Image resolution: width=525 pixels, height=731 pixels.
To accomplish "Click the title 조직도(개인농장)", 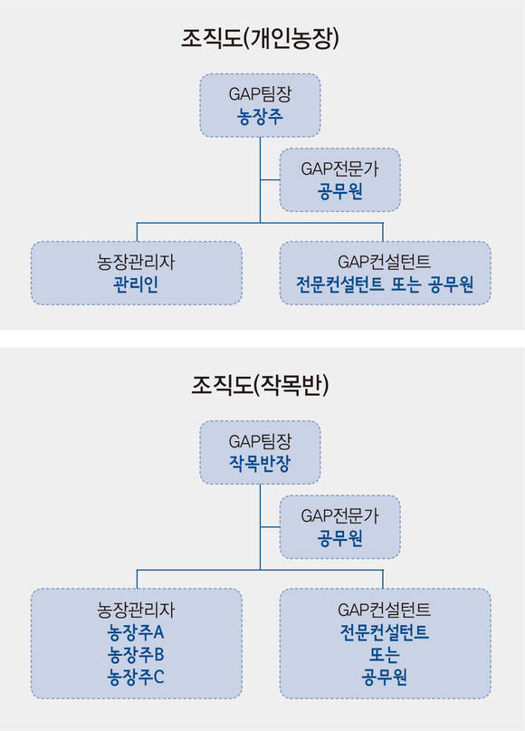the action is [260, 38].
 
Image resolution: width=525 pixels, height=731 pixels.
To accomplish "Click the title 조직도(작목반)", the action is [260, 386].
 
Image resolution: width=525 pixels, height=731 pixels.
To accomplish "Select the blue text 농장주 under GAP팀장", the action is [260, 116].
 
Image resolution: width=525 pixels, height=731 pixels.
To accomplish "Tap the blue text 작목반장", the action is [260, 464].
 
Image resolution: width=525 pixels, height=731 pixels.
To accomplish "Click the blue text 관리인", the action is [136, 284].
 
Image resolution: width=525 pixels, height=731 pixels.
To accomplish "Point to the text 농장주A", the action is [136, 632].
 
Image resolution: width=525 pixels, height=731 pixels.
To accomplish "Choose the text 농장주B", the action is [136, 655].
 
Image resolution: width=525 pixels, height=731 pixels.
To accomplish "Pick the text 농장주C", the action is [136, 677].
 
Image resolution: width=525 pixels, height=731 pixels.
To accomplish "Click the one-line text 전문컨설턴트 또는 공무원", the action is [385, 284].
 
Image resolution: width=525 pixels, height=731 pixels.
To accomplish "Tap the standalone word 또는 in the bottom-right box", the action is [385, 655].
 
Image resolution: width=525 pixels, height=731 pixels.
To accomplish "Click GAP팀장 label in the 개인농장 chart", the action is [260, 94].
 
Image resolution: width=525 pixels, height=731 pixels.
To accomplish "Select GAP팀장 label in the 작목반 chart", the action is [260, 441].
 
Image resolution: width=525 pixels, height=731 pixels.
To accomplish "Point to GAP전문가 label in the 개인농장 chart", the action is [339, 168].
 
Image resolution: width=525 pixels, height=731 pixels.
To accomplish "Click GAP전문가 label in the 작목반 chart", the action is [339, 516].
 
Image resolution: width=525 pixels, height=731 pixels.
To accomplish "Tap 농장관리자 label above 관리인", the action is [136, 262].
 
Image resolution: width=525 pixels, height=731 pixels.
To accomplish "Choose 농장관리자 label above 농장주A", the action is [136, 610].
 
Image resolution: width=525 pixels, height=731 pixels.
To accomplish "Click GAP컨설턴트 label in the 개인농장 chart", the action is [385, 262].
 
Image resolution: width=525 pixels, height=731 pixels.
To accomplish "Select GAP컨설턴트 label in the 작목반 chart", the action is [385, 610].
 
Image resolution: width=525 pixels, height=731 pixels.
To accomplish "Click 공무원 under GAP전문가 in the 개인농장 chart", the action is [339, 191].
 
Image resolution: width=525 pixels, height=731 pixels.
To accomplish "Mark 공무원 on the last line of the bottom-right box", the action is [385, 677].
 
